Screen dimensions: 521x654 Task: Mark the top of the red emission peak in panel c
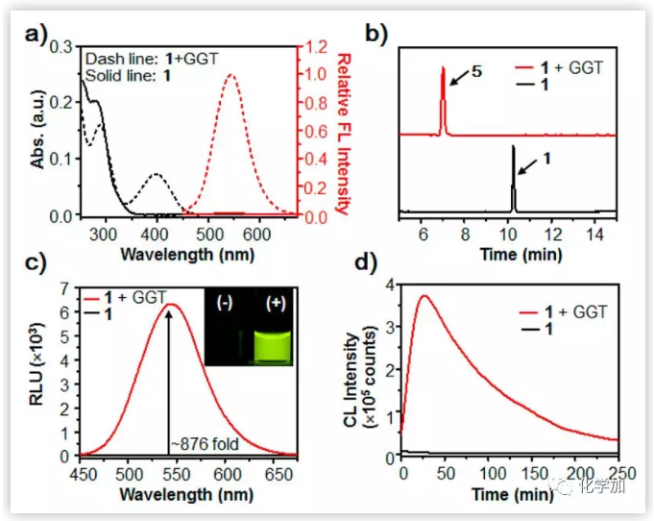coord(171,305)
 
